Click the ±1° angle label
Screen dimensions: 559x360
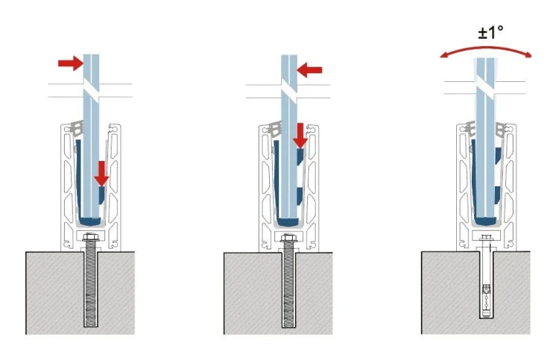point(491,33)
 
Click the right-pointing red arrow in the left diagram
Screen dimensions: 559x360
point(71,63)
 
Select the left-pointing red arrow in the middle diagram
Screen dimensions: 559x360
point(309,70)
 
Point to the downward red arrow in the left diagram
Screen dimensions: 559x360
point(102,174)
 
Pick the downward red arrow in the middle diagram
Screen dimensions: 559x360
point(300,136)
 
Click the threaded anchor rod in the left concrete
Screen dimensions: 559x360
point(90,283)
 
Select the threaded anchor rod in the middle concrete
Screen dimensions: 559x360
point(288,284)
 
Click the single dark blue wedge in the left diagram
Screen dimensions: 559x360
point(102,195)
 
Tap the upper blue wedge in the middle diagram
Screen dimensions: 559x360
point(300,157)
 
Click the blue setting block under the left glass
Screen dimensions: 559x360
point(90,221)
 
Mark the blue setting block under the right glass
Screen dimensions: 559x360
point(485,221)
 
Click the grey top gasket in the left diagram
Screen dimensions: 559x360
point(78,127)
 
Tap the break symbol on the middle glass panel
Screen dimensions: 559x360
point(288,91)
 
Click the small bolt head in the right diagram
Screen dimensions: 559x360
point(485,237)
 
